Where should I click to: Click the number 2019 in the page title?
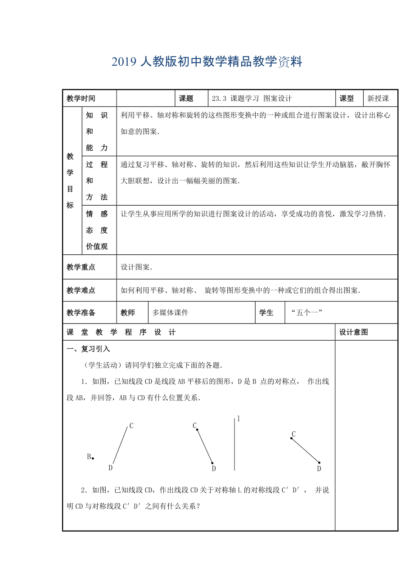coord(124,62)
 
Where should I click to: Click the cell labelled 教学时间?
coord(81,99)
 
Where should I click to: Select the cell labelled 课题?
coord(186,99)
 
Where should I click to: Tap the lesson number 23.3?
coord(219,99)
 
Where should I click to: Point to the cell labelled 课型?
coord(346,99)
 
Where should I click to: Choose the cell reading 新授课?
coord(378,99)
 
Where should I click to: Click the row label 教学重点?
coord(81,267)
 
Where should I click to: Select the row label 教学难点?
coord(81,290)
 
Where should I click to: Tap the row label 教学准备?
coord(81,313)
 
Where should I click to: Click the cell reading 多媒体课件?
coord(170,313)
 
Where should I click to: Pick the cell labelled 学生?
coord(266,313)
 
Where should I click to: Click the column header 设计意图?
coord(354,332)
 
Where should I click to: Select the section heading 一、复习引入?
coord(88,349)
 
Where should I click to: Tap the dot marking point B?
coord(93,458)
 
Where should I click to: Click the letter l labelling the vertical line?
coord(238,419)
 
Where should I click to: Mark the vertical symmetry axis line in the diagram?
coord(234,446)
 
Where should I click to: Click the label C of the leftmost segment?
coord(131,425)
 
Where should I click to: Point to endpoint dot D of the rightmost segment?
coord(319,462)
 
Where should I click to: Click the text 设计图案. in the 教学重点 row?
coord(137,267)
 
